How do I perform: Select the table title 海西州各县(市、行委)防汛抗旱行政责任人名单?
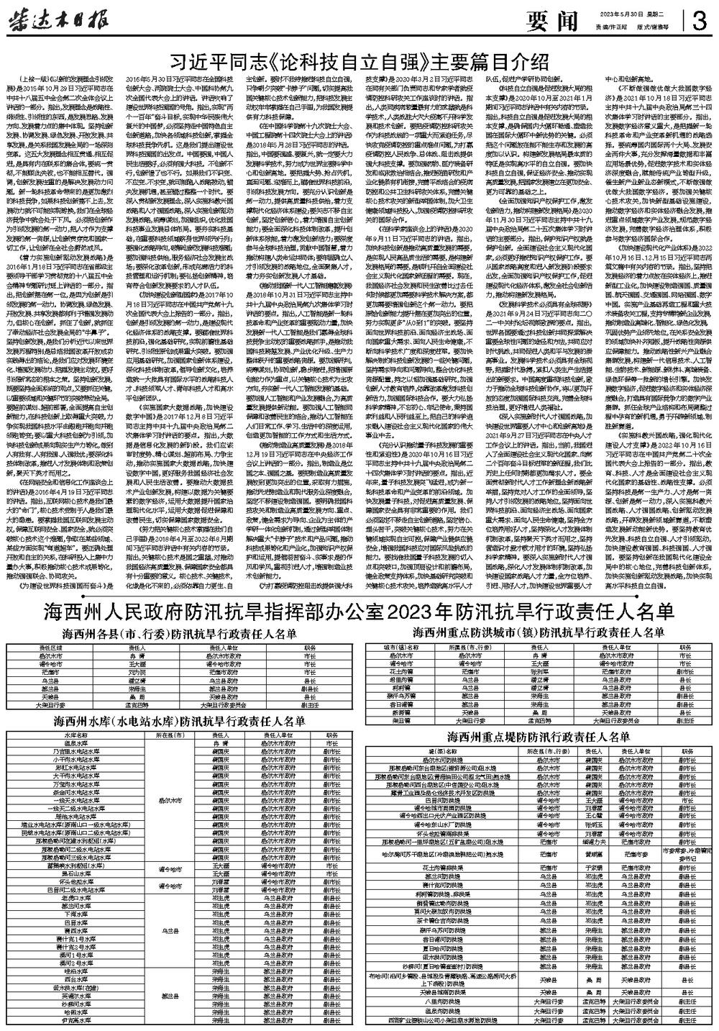pyautogui.click(x=178, y=634)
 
